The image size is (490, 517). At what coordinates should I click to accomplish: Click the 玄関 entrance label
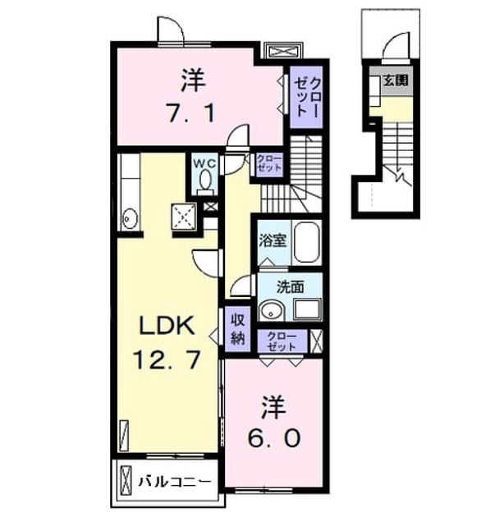(396, 80)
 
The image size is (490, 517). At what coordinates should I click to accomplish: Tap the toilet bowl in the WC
(206, 180)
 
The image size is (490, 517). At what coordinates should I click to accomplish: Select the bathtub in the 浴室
(307, 243)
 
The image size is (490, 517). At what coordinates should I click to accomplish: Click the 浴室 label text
(272, 241)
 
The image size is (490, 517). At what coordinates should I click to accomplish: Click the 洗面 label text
(290, 287)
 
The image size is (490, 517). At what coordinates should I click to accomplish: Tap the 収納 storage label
(238, 328)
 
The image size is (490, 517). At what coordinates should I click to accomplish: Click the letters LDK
(167, 326)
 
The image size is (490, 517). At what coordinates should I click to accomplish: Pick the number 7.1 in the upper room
(191, 112)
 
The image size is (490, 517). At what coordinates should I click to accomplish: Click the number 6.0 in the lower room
(274, 438)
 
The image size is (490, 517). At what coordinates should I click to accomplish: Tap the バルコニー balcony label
(174, 482)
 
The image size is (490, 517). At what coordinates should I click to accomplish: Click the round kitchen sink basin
(129, 218)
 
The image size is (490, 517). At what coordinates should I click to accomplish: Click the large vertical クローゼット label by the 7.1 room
(307, 98)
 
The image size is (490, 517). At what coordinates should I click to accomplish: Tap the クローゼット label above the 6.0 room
(282, 341)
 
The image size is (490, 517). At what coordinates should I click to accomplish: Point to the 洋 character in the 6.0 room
(273, 407)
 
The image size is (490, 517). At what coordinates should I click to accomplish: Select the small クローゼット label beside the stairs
(269, 163)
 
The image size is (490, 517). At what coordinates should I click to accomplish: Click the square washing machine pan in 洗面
(307, 309)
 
